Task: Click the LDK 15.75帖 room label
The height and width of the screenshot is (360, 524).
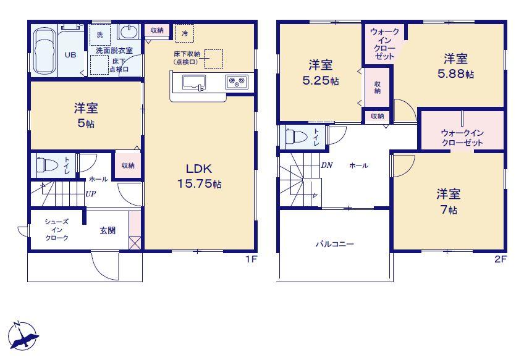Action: (199, 176)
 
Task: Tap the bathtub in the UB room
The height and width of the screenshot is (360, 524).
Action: (44, 51)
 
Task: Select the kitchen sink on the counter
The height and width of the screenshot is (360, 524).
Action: (194, 83)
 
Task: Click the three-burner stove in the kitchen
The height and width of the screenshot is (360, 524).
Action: (237, 82)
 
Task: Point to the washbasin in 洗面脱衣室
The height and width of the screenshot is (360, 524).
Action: (128, 31)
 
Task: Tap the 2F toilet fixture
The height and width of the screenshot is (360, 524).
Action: (297, 136)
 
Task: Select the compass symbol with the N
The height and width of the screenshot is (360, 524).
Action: (23, 336)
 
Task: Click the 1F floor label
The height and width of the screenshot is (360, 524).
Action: (251, 259)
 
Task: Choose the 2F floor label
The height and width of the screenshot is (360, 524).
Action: (501, 259)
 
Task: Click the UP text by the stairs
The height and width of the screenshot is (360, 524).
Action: (91, 194)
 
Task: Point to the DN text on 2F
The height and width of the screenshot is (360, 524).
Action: (326, 165)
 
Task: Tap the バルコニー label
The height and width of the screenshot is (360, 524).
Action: (334, 244)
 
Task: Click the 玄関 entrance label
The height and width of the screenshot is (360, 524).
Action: (108, 230)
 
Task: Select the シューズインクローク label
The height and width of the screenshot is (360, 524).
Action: (57, 230)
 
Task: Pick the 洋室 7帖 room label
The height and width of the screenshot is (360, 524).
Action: (448, 201)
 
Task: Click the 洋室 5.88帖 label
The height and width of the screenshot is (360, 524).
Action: (455, 66)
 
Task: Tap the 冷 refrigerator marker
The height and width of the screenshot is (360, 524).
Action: (185, 33)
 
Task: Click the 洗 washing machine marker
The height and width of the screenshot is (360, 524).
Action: (100, 35)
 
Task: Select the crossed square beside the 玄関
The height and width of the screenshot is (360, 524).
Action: (135, 243)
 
